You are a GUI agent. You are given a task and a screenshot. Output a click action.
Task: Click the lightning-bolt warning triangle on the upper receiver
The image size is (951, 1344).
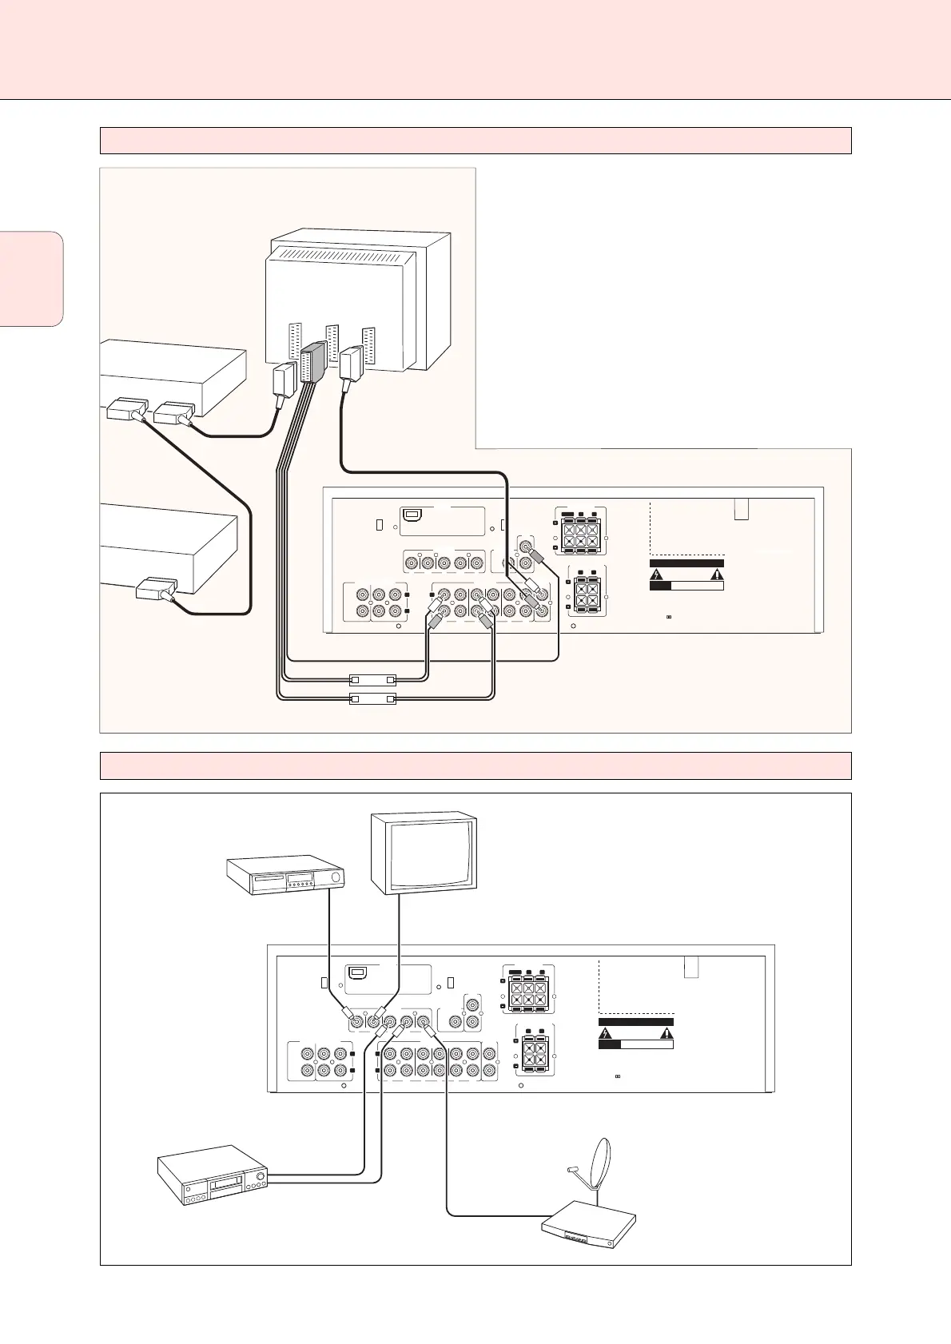tap(655, 574)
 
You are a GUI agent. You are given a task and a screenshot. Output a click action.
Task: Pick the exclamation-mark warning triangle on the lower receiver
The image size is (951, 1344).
tap(666, 1032)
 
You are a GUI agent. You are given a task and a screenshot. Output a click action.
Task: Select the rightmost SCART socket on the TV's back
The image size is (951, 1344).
tap(368, 344)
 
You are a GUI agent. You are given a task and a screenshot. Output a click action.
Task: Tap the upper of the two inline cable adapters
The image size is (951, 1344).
tap(373, 680)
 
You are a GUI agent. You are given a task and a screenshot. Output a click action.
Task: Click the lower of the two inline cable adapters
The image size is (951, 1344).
tap(373, 699)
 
